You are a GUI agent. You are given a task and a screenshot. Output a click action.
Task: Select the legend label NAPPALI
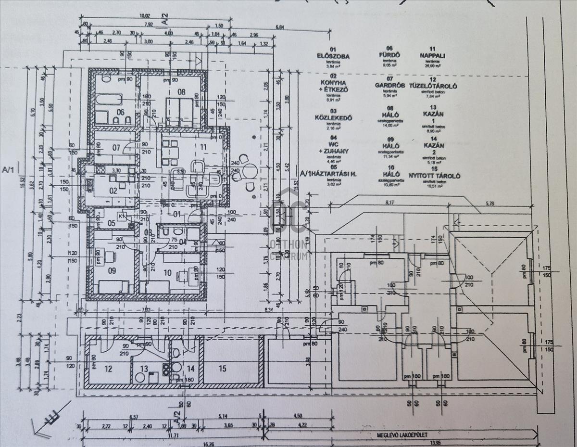click(x=432, y=55)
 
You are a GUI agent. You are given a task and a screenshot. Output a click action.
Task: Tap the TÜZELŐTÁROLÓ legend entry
click(x=433, y=86)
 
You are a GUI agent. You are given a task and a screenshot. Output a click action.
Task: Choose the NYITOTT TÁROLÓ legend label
click(x=434, y=176)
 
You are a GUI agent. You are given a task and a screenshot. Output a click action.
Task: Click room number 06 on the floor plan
click(x=120, y=112)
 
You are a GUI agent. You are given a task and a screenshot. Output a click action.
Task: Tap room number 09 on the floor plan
click(x=112, y=271)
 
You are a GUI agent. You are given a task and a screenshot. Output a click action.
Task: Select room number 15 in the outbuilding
click(x=222, y=369)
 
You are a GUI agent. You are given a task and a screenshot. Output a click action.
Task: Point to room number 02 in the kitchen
click(x=113, y=191)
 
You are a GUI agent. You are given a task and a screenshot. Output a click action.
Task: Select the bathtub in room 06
click(x=109, y=100)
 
